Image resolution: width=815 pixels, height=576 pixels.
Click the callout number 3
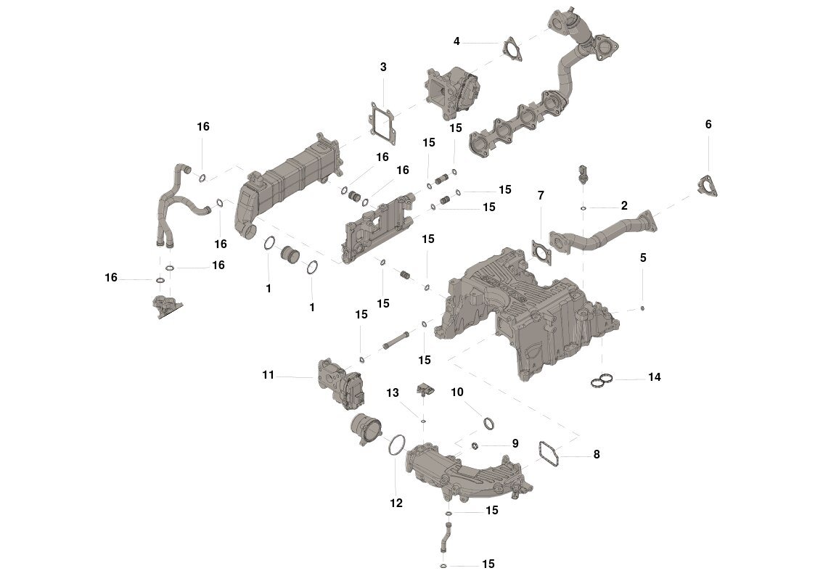click(x=383, y=67)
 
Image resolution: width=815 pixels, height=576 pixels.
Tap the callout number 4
click(x=456, y=41)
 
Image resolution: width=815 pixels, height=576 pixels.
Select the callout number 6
click(x=708, y=124)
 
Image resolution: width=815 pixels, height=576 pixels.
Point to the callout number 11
click(x=269, y=375)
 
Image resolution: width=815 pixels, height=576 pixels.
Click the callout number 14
click(x=655, y=377)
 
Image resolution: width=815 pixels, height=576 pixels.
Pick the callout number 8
click(x=597, y=455)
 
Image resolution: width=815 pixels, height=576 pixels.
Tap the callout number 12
click(x=396, y=503)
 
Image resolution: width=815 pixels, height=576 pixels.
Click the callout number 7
click(x=540, y=195)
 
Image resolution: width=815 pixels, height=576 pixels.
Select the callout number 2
click(x=624, y=205)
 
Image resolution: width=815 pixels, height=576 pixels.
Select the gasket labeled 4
click(x=512, y=48)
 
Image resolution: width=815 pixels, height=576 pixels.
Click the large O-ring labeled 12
click(x=396, y=444)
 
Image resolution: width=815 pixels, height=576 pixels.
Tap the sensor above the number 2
click(x=583, y=175)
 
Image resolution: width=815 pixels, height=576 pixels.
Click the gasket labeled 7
click(x=541, y=249)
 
